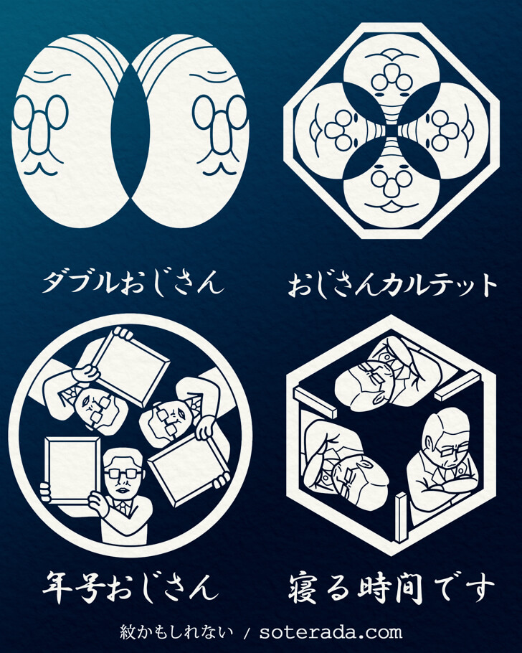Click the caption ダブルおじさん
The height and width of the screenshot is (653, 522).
coord(133,283)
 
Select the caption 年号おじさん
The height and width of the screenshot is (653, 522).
coord(130,588)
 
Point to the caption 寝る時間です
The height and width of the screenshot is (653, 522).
coord(391,588)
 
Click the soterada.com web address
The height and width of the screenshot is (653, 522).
coord(331,632)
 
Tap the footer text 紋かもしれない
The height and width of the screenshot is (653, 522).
coord(176,632)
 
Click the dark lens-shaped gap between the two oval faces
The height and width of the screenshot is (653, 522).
coord(130,133)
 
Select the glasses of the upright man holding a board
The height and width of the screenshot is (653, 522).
coord(123,474)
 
